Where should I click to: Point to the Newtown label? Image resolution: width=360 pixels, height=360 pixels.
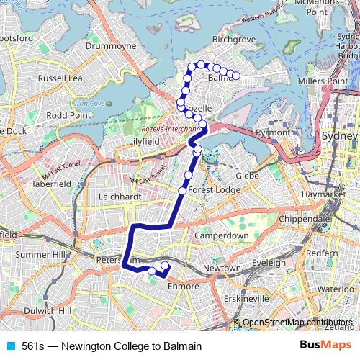[x=222, y=268]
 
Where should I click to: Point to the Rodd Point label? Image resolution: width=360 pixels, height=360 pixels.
[x=68, y=114]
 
